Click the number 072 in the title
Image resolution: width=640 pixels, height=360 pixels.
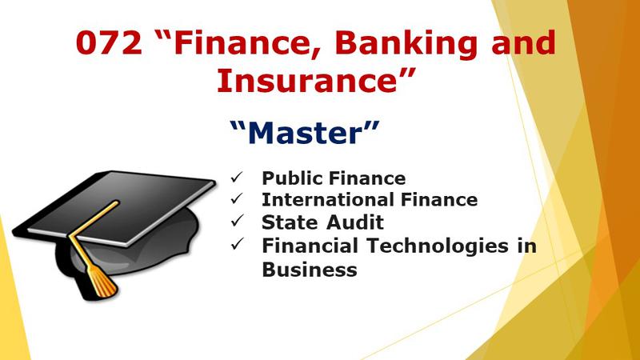click(109, 42)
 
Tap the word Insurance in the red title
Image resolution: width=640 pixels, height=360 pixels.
click(307, 80)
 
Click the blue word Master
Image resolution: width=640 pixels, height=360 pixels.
click(305, 133)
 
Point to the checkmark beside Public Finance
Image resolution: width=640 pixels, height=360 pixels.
click(236, 177)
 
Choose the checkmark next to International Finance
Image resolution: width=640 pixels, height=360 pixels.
click(236, 198)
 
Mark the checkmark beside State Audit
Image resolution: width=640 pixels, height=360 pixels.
click(237, 221)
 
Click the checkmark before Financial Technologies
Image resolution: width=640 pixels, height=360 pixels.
click(237, 244)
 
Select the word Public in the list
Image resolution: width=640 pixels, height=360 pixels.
click(292, 178)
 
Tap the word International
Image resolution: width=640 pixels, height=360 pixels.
click(328, 199)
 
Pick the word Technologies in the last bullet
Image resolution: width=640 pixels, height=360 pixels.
click(437, 247)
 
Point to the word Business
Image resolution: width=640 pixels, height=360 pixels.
click(310, 270)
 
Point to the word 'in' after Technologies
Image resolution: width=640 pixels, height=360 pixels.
click(527, 246)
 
